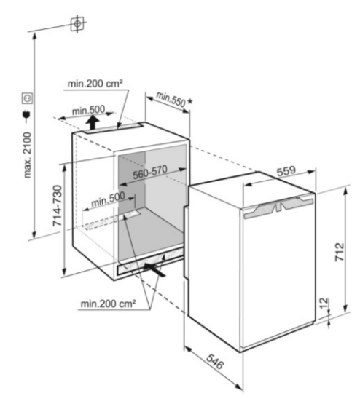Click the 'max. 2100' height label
28,155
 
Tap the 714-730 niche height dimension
58,206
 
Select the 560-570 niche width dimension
150,173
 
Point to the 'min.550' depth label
171,99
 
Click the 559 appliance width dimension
286,171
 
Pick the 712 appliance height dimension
339,252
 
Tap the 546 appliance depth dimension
215,361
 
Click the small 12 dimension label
324,304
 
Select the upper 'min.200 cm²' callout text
95,84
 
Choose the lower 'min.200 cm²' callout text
109,304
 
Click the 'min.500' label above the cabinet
88,111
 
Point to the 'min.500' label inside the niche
108,200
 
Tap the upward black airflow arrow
93,123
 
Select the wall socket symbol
28,98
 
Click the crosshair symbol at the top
77,24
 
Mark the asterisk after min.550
189,102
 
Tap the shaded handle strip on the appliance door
278,208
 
